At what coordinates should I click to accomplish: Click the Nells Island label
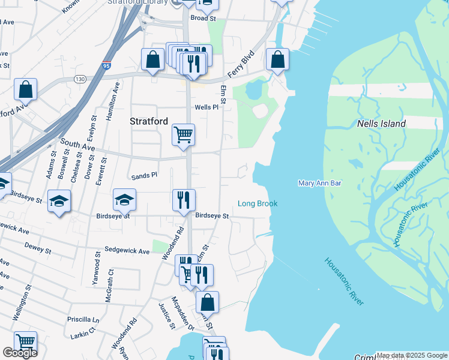[381, 124]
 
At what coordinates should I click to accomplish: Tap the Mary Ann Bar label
[319, 183]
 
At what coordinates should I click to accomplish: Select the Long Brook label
[258, 204]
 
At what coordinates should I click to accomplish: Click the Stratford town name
[149, 121]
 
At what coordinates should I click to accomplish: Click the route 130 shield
[79, 79]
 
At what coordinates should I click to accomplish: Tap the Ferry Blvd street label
[241, 66]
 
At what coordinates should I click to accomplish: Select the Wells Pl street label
[204, 107]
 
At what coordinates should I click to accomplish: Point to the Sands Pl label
[144, 176]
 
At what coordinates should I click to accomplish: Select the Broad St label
[203, 19]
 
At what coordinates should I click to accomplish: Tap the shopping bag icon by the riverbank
[277, 59]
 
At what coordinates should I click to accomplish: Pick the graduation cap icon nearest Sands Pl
[125, 199]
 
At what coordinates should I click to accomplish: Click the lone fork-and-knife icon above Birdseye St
[184, 199]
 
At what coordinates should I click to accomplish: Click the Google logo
[20, 353]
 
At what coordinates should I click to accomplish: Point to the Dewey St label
[38, 247]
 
